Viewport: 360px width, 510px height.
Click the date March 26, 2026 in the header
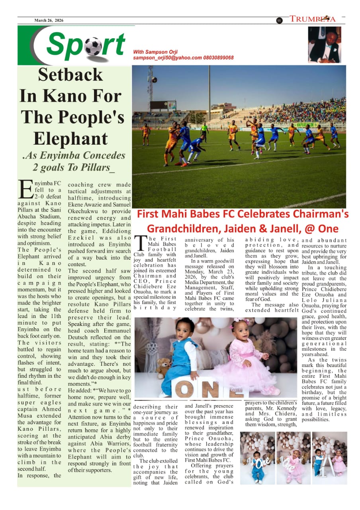(x=49, y=20)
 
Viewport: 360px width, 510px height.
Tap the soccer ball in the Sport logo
(x=93, y=47)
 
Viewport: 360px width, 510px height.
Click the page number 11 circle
(x=279, y=21)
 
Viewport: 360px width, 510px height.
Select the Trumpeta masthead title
(x=313, y=19)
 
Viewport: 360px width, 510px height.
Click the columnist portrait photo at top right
(x=324, y=45)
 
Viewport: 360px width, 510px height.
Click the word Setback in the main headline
(x=70, y=75)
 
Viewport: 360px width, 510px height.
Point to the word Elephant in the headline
(x=70, y=138)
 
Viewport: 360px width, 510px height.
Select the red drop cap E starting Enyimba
(x=25, y=190)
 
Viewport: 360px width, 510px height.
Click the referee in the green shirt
(x=204, y=132)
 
